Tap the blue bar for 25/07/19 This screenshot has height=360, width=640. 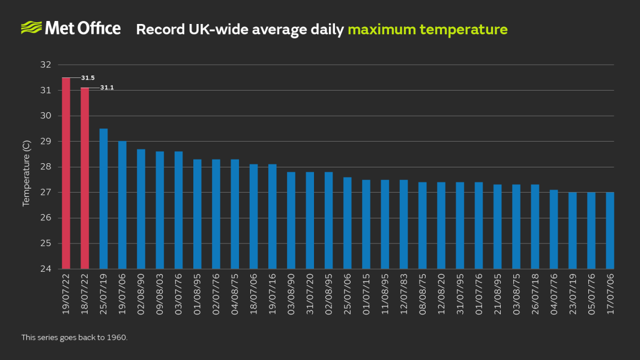103,198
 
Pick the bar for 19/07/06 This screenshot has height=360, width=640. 122,205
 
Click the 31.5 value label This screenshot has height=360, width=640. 88,78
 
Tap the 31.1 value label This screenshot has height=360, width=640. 107,88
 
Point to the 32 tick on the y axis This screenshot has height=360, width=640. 46,65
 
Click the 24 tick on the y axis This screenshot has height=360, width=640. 46,269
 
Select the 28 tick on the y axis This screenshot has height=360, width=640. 46,167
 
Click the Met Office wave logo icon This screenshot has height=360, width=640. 31,28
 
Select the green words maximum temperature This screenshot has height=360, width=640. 427,29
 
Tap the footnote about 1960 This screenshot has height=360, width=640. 74,338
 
